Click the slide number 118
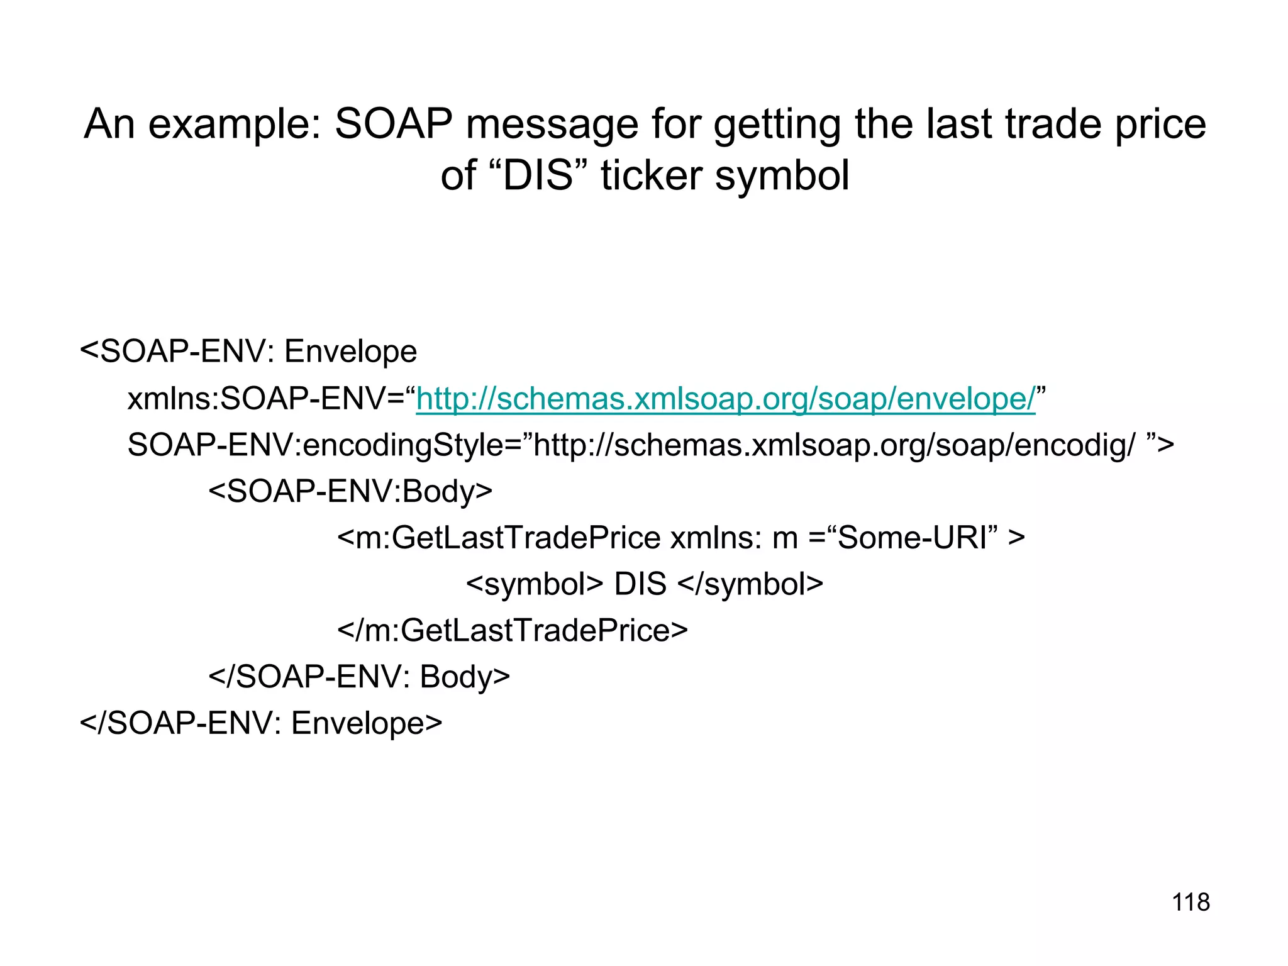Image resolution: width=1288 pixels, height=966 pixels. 1191,902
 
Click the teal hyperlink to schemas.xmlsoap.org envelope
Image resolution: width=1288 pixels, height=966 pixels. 725,399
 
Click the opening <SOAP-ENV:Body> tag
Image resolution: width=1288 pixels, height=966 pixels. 350,491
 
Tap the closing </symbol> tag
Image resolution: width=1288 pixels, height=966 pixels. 750,584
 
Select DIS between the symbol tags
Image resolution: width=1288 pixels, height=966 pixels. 640,584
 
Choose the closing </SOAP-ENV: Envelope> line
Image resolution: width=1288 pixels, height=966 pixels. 261,723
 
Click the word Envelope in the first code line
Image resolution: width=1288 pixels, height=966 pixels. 350,352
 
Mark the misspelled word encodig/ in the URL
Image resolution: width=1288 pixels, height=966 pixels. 1075,445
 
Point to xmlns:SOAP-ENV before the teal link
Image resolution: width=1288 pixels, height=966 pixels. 265,399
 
